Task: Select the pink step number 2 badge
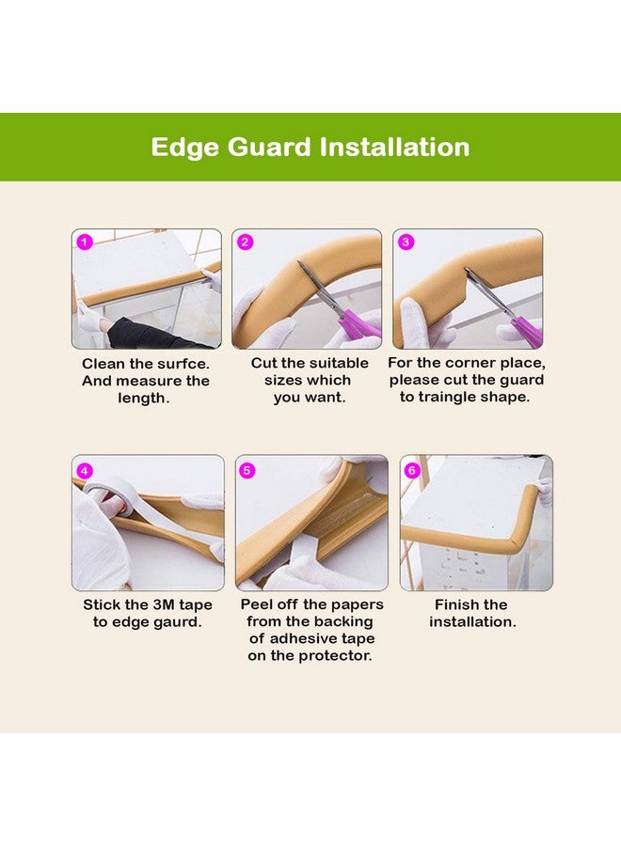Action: coord(246,243)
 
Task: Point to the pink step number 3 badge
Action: coord(406,243)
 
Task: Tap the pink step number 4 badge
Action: coord(86,469)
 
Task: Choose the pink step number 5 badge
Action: coord(248,469)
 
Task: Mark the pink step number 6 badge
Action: coord(412,469)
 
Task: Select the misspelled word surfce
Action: coord(182,363)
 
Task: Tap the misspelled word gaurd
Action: coord(177,622)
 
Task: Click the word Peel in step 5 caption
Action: coord(259,604)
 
